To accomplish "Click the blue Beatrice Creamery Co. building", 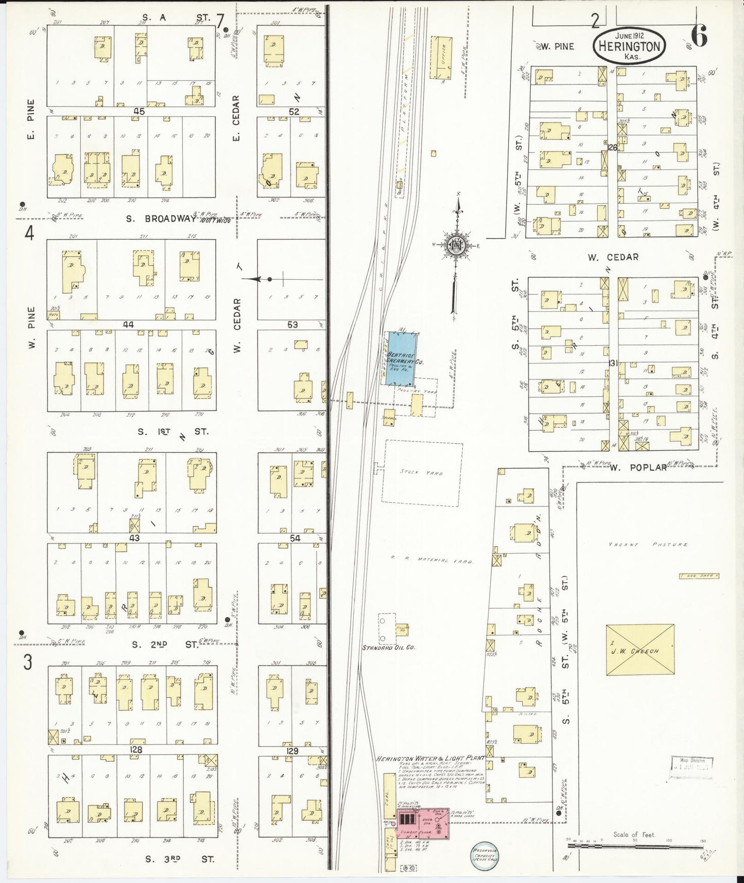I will click(x=401, y=359).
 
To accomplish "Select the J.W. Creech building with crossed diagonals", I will click(x=640, y=650).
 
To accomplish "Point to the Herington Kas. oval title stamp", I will click(x=629, y=46).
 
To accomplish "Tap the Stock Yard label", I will click(x=422, y=472).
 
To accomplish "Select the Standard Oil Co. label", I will click(x=389, y=647).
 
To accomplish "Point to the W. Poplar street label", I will click(x=638, y=467).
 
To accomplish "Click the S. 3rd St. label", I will click(x=180, y=858).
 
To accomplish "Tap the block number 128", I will click(x=136, y=750).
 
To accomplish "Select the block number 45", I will click(x=139, y=111).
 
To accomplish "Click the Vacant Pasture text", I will click(x=648, y=544).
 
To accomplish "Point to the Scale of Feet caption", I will click(x=634, y=835).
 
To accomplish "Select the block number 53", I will click(x=292, y=325).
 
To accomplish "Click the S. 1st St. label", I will click(x=172, y=431).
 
